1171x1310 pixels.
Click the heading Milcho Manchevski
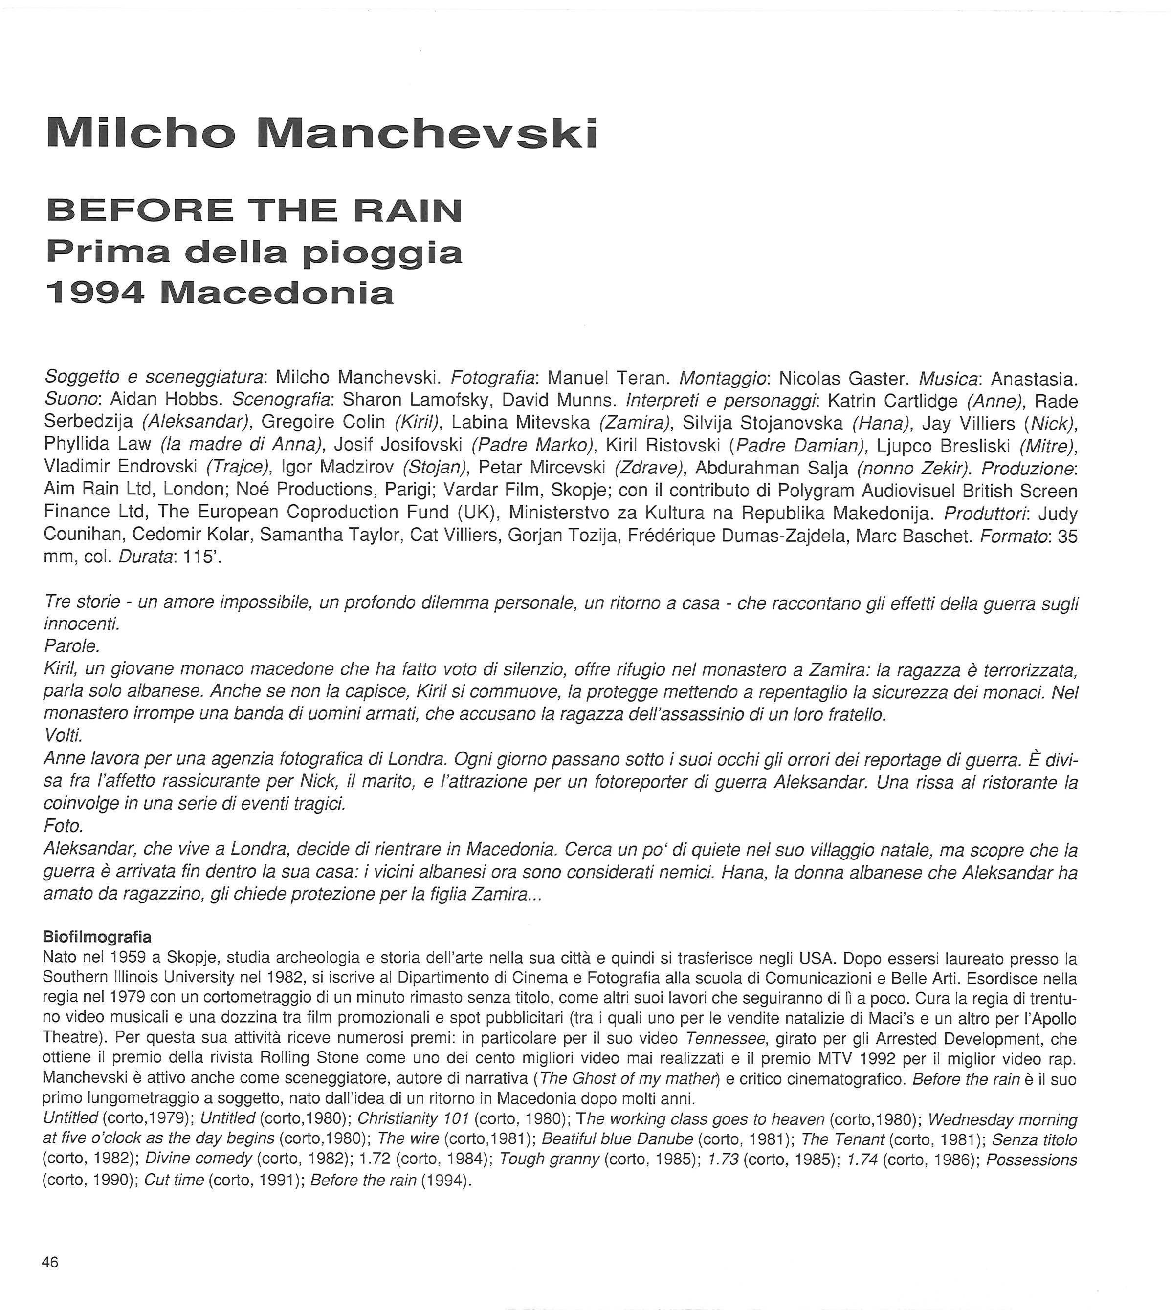click(322, 134)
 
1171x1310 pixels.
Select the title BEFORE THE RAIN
click(254, 211)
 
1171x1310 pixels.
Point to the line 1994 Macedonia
click(220, 293)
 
